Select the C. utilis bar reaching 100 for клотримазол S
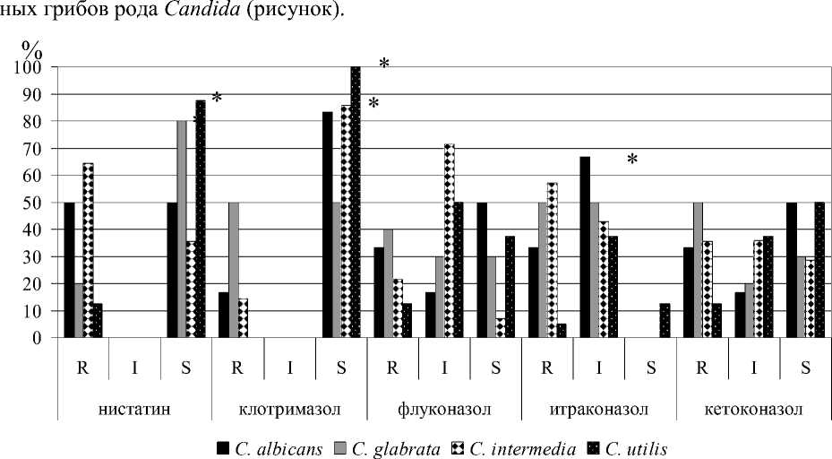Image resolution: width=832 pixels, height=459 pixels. pos(356,203)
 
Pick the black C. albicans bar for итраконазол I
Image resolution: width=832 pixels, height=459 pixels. pos(584,247)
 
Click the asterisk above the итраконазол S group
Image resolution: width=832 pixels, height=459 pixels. pos(631,160)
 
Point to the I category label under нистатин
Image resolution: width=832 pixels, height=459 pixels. pos(134,368)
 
